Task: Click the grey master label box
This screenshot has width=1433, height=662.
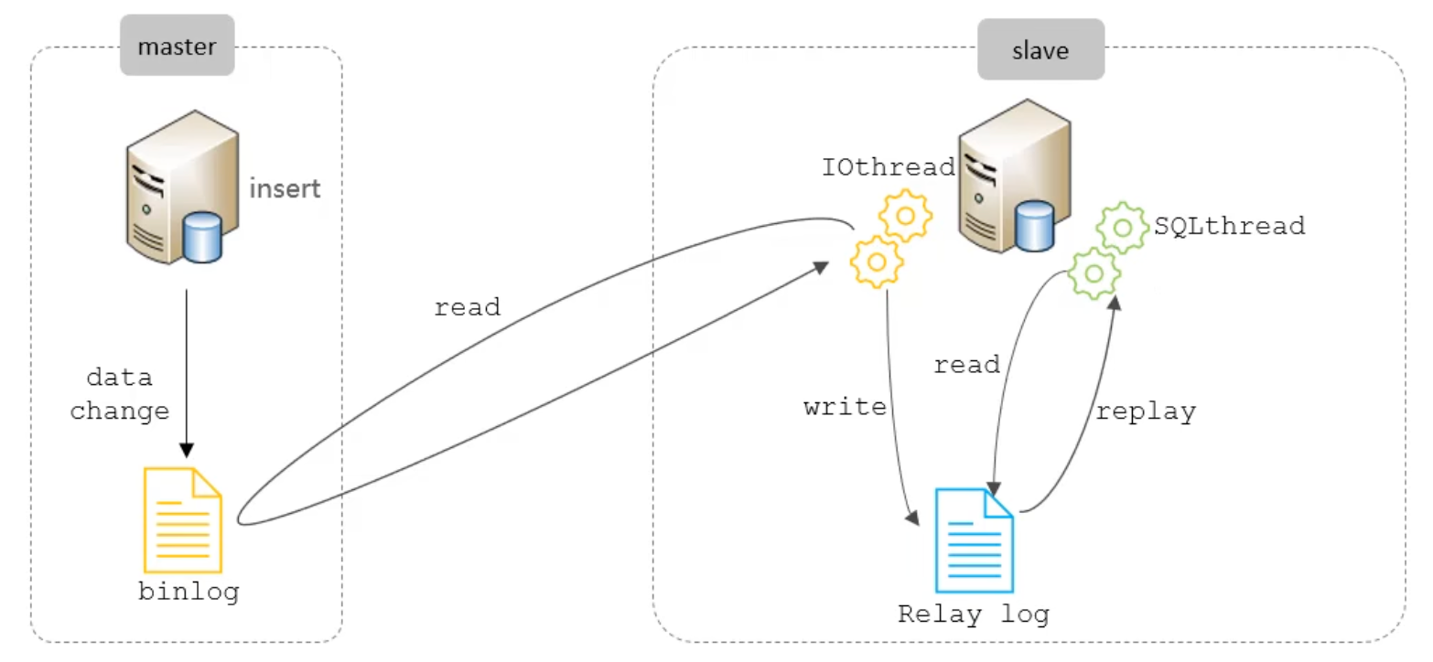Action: (x=178, y=46)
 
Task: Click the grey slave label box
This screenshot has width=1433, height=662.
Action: (x=1040, y=50)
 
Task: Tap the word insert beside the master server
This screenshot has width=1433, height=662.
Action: (x=285, y=189)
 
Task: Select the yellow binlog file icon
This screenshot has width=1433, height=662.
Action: (x=183, y=520)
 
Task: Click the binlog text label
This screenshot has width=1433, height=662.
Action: (x=189, y=592)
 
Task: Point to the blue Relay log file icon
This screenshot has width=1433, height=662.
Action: (x=975, y=540)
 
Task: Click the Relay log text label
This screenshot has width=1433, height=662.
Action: (x=974, y=614)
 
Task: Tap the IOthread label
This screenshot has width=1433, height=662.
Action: (x=888, y=167)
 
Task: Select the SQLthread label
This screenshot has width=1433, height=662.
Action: (x=1230, y=226)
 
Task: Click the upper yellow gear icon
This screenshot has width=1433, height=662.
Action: (x=905, y=216)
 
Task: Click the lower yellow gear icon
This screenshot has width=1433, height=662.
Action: (x=877, y=262)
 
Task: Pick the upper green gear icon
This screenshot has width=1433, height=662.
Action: (x=1123, y=228)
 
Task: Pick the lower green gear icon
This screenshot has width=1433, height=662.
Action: (x=1094, y=273)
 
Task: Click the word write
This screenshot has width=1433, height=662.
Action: (x=846, y=407)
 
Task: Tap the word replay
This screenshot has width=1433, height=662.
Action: (x=1146, y=412)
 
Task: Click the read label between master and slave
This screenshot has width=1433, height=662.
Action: (x=468, y=308)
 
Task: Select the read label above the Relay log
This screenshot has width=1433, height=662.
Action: (x=966, y=366)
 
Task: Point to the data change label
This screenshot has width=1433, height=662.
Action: (x=120, y=394)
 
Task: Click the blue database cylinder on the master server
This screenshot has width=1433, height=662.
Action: (x=202, y=238)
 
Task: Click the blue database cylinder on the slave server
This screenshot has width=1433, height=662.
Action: (x=1034, y=226)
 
